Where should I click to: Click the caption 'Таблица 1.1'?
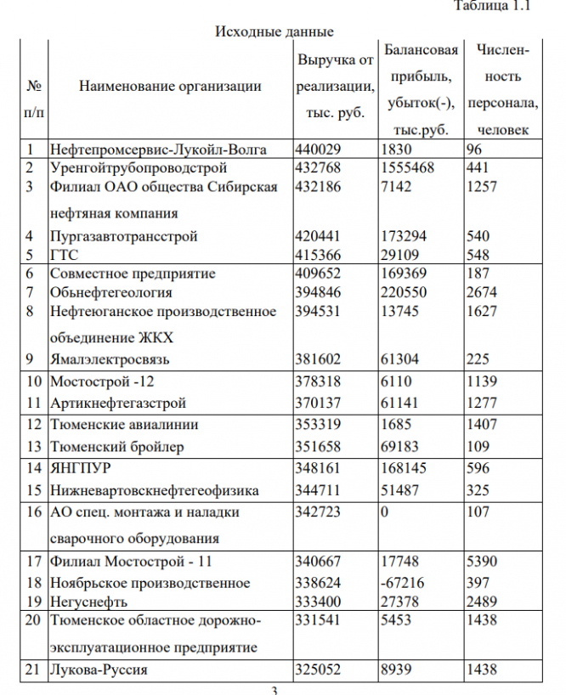pyautogui.click(x=494, y=8)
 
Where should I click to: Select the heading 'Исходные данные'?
pyautogui.click(x=274, y=32)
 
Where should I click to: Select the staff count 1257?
pyautogui.click(x=483, y=186)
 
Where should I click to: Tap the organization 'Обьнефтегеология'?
pyautogui.click(x=110, y=292)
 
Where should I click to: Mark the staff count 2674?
pyautogui.click(x=483, y=292)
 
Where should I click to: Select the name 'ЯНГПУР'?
pyautogui.click(x=81, y=468)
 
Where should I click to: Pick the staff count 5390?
pyautogui.click(x=483, y=562)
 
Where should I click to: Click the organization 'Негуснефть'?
pyautogui.click(x=89, y=602)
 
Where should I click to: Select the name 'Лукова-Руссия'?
pyautogui.click(x=99, y=670)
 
